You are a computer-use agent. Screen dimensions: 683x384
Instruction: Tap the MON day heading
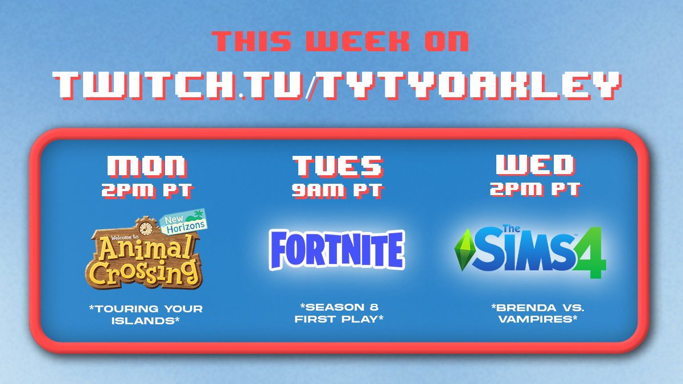coord(147,166)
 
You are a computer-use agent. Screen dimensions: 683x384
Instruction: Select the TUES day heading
coord(338,166)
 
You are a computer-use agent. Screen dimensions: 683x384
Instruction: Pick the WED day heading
coord(536,165)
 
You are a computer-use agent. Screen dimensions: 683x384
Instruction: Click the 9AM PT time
coord(338,191)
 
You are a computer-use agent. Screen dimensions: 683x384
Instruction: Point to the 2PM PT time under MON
coord(147,191)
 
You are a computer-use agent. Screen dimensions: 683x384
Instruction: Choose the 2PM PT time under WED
coord(536,189)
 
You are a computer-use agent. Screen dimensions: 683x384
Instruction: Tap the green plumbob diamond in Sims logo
coord(463,250)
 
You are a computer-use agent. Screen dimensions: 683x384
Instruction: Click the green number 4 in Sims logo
coord(590,253)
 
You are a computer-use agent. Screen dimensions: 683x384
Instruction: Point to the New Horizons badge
coord(184,222)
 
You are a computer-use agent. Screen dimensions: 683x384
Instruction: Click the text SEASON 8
coord(339,307)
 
